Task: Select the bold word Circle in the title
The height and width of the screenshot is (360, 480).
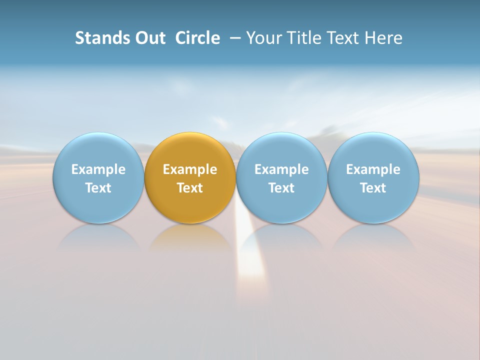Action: (197, 38)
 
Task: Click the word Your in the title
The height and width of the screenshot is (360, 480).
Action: (263, 38)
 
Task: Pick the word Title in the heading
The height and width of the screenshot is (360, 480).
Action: (303, 38)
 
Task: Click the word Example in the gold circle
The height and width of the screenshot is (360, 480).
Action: (190, 169)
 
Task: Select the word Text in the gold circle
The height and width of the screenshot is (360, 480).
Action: (190, 188)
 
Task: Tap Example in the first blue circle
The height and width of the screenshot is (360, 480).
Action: (98, 169)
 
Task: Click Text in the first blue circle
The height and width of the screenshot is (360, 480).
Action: (98, 188)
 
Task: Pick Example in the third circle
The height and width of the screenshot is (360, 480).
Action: (281, 169)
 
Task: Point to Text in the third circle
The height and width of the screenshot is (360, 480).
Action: (281, 188)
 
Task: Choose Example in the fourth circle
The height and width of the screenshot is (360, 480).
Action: (373, 169)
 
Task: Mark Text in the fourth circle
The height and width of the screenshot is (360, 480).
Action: (373, 188)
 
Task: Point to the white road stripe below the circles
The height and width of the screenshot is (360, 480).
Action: (250, 265)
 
